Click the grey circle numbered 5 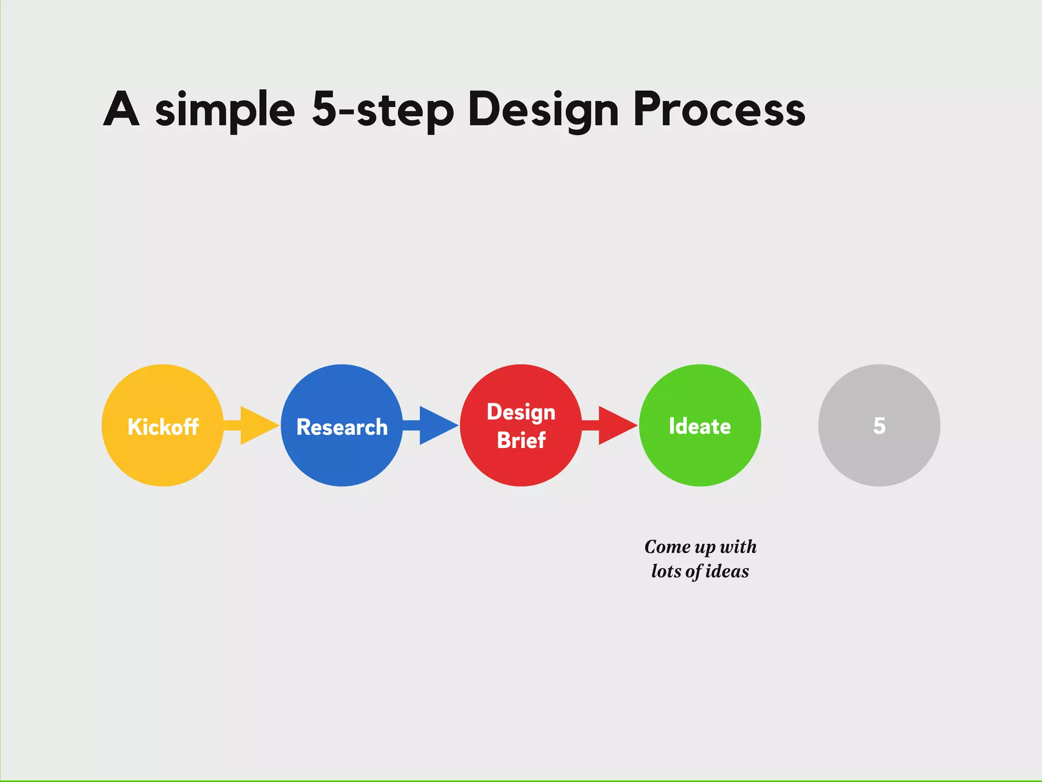click(879, 448)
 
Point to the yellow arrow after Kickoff click(254, 425)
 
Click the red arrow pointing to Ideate click(613, 425)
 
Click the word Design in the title click(543, 110)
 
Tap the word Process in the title click(719, 110)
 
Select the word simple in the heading click(224, 110)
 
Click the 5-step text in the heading click(383, 110)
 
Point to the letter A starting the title click(121, 109)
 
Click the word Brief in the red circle click(521, 440)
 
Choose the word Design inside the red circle click(521, 412)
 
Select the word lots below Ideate click(666, 571)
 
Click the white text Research click(342, 427)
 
